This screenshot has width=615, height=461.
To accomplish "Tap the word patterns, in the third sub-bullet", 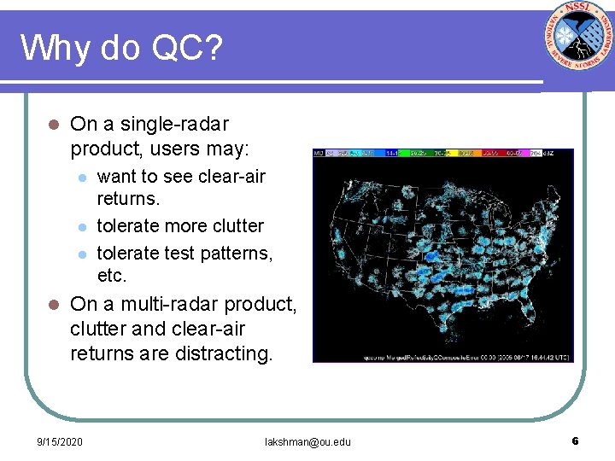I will (230, 254).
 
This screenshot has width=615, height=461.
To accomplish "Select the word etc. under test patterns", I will (112, 276).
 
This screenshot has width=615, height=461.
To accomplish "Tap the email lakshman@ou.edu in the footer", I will (307, 442).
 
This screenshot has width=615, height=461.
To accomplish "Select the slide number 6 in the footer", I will (576, 441).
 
